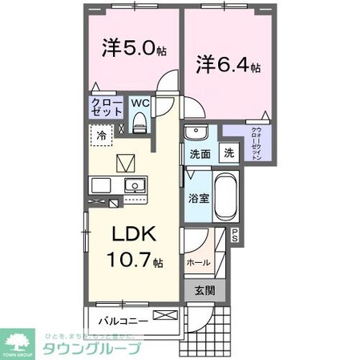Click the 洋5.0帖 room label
[133, 49]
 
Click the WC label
[140, 103]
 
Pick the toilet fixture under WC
[140, 121]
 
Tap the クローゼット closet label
[106, 108]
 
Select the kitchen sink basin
[133, 186]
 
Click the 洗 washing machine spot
[229, 153]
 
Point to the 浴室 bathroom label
[199, 196]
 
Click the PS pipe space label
[235, 234]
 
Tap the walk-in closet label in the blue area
[255, 144]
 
